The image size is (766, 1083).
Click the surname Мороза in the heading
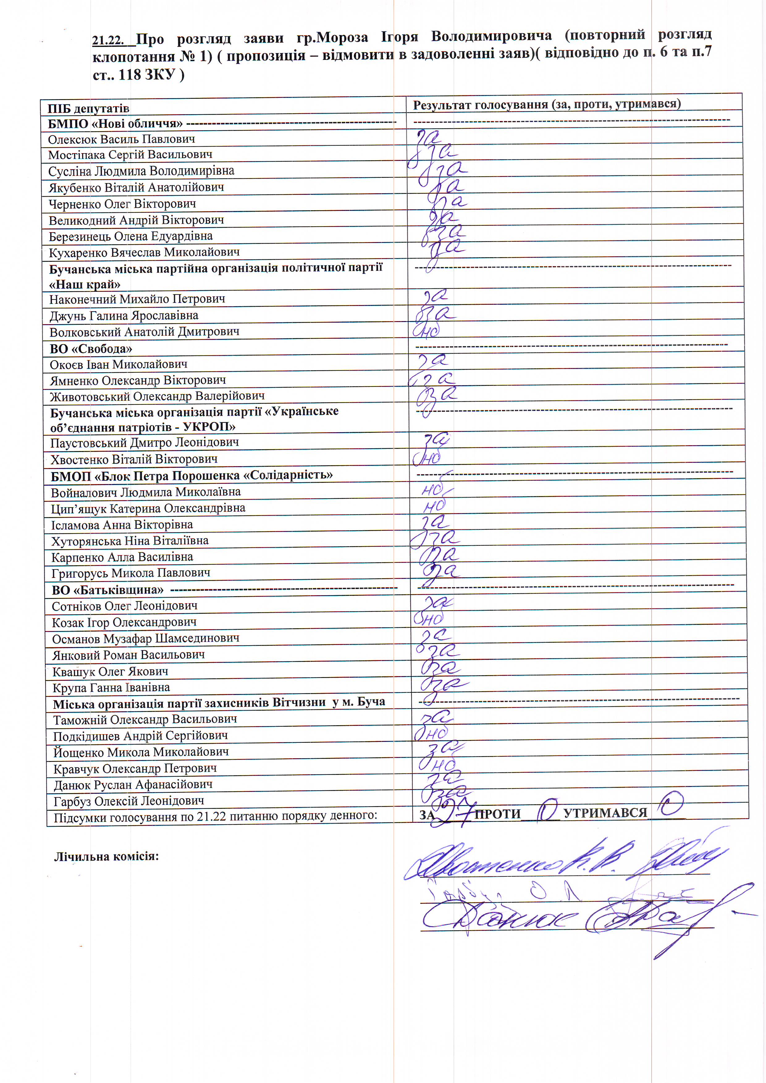(339, 38)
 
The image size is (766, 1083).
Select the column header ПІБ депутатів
(88, 108)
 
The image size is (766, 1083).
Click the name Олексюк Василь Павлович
(121, 139)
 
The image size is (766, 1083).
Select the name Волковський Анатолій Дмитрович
(145, 332)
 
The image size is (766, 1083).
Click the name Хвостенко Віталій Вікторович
(134, 459)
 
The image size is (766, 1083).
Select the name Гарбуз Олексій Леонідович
(129, 801)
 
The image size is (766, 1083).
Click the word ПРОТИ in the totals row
(498, 814)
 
